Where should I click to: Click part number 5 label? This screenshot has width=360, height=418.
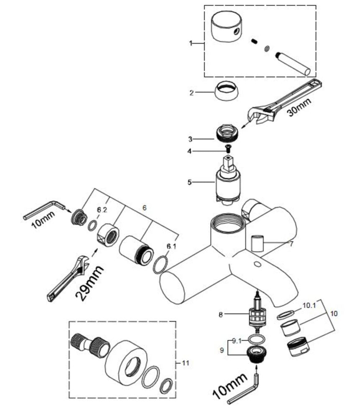189,182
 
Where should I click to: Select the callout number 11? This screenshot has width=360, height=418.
186,363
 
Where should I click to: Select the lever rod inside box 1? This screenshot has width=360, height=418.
294,64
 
